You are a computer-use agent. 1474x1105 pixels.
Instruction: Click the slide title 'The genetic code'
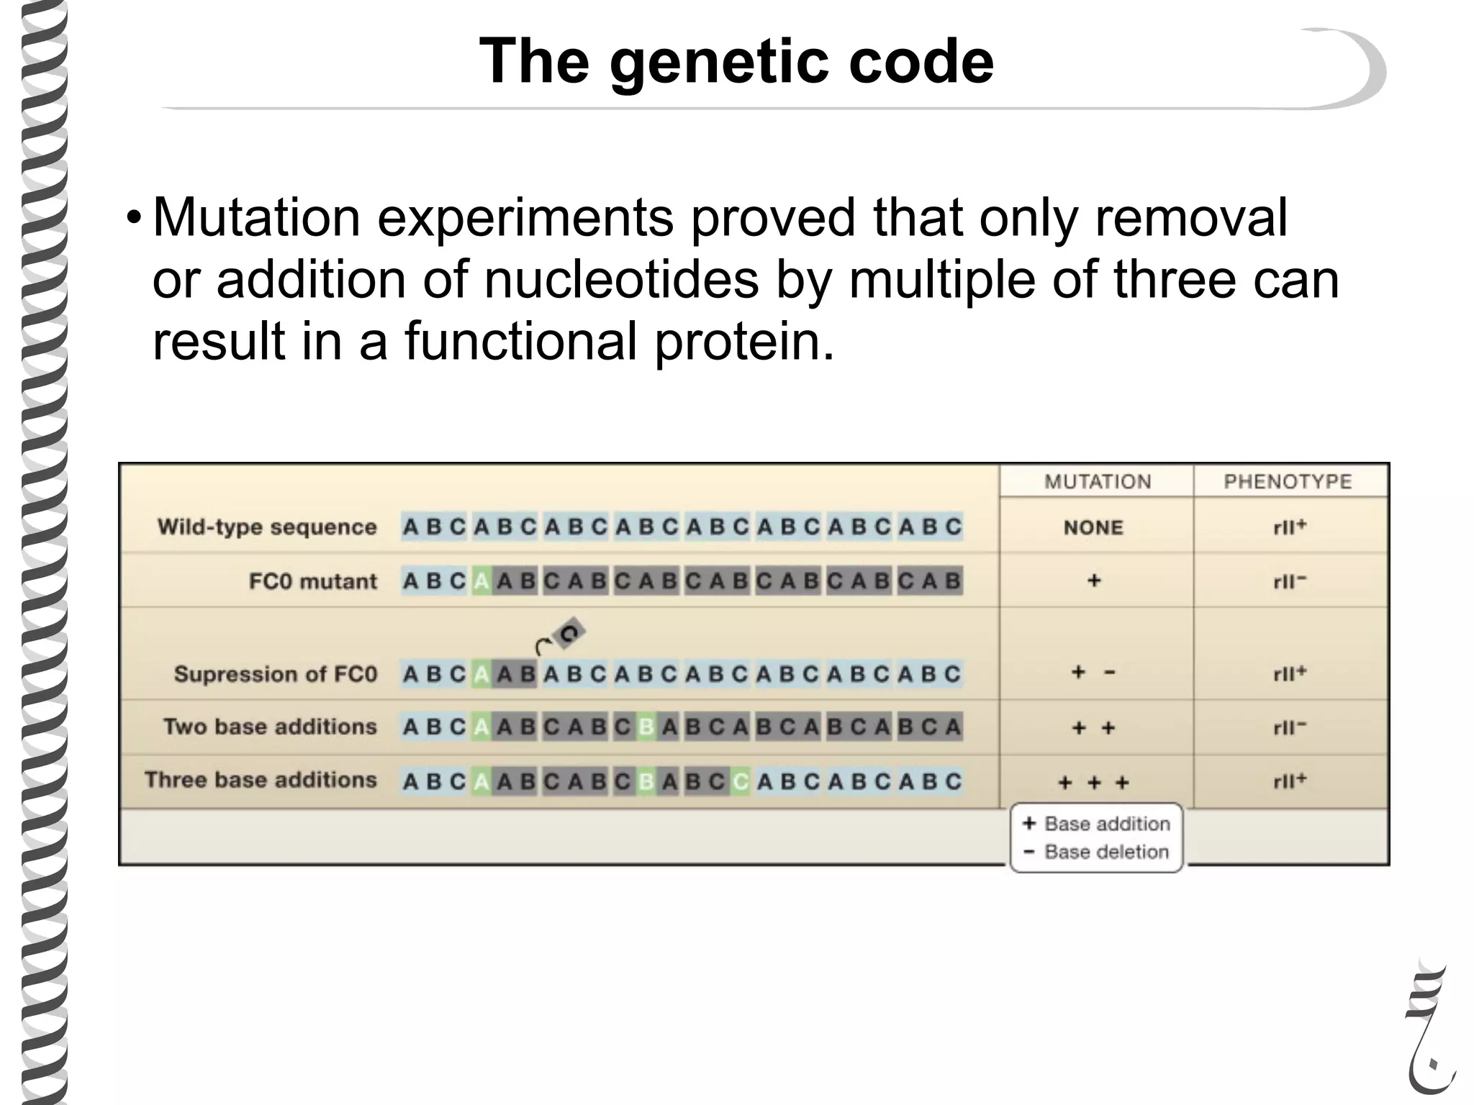click(736, 62)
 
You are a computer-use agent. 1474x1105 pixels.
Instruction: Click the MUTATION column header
click(1097, 481)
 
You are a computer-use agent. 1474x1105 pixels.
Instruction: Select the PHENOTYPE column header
click(1288, 481)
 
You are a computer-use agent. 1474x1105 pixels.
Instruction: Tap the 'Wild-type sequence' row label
click(267, 527)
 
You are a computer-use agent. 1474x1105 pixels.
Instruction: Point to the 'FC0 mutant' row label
click(312, 581)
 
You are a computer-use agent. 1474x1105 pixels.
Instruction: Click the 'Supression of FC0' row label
click(275, 674)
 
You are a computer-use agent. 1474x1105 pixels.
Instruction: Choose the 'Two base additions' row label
click(270, 727)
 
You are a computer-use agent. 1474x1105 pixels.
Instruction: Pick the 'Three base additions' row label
click(261, 780)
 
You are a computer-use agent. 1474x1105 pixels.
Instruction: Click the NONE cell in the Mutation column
click(1093, 527)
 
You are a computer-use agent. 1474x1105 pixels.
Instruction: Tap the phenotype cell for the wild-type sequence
click(1289, 527)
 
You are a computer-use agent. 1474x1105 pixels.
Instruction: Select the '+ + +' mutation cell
click(1093, 782)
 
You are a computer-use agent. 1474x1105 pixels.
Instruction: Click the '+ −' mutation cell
click(1093, 673)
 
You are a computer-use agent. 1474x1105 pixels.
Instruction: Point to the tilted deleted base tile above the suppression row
click(569, 634)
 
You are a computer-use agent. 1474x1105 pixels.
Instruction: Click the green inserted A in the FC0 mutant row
click(481, 581)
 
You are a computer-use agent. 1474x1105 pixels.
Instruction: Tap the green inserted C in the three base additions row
click(739, 781)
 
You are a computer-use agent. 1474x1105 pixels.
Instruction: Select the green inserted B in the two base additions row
click(646, 727)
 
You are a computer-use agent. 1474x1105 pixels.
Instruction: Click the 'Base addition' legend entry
click(1097, 824)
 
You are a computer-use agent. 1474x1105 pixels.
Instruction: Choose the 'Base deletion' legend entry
click(1097, 852)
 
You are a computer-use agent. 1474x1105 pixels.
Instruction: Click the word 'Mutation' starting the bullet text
click(256, 217)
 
